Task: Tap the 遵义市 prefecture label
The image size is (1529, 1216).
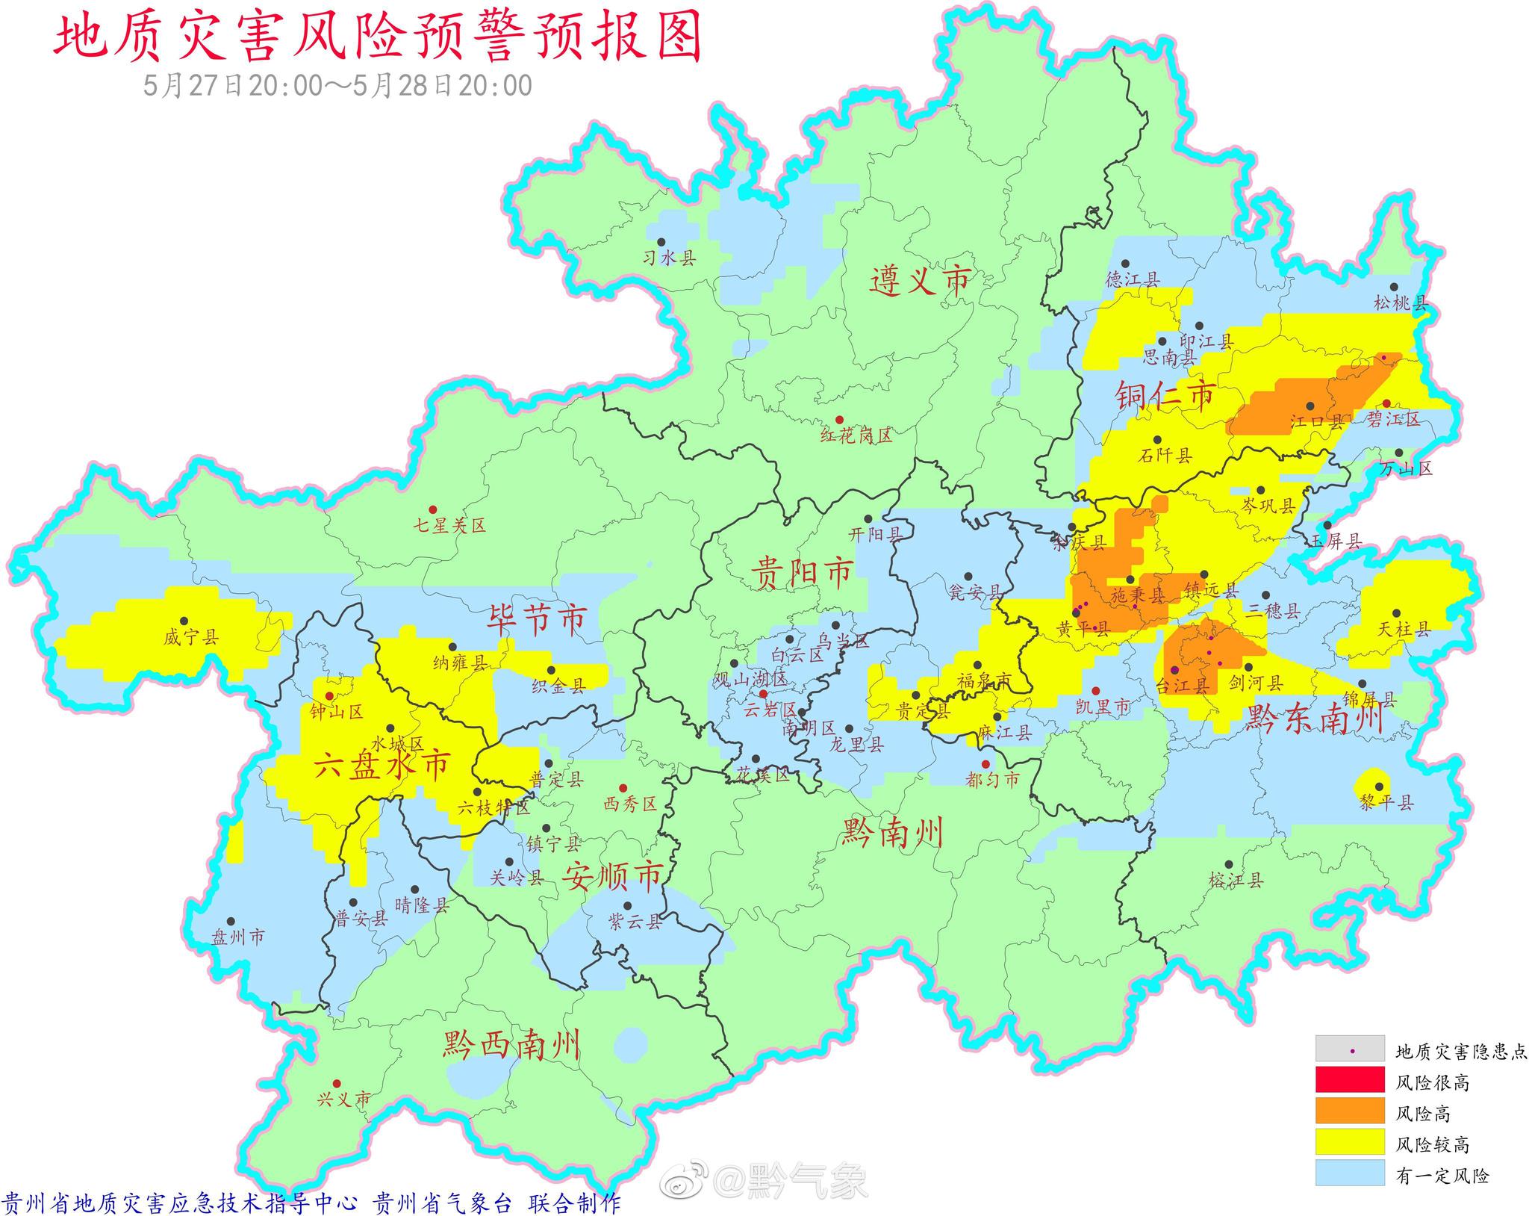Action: tap(921, 281)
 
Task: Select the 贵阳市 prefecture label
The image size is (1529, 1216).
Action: tap(801, 574)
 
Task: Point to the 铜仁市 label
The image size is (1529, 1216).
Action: tap(1165, 395)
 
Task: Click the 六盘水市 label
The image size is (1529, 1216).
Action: tap(382, 766)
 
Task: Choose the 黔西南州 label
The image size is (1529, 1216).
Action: tap(511, 1043)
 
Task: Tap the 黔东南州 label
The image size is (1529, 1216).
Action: tap(1313, 719)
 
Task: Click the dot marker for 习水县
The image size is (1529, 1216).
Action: tap(661, 242)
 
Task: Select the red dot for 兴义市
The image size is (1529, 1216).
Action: tap(337, 1083)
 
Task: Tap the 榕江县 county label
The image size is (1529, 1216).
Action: tap(1236, 881)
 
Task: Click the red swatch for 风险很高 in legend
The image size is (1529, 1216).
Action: tap(1350, 1079)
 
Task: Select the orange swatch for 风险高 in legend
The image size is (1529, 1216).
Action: tap(1350, 1111)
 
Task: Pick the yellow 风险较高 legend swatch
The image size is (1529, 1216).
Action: tap(1350, 1143)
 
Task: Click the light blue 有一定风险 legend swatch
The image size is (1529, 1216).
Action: tap(1350, 1174)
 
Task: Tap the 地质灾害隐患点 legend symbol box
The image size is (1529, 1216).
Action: tap(1350, 1049)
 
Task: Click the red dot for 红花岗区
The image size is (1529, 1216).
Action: tap(839, 420)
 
